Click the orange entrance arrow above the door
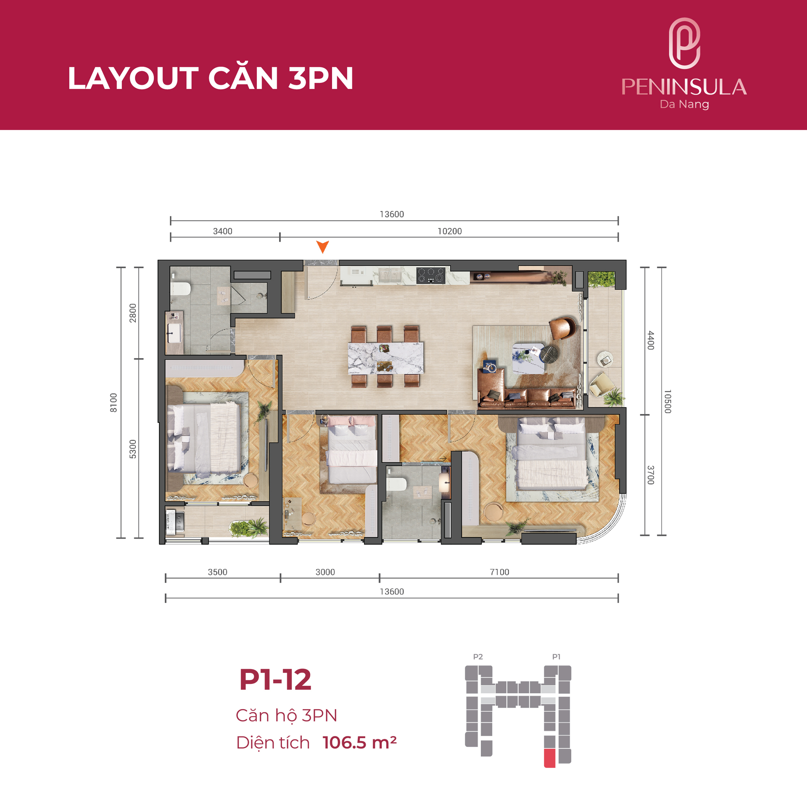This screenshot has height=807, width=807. tap(322, 246)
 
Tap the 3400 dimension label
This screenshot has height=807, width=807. tap(222, 231)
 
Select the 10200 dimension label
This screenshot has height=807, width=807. tap(449, 231)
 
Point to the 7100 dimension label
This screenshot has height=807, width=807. tap(499, 572)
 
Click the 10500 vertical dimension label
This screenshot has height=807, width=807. tap(667, 401)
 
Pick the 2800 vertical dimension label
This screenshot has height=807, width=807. tap(133, 313)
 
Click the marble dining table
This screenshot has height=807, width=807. tap(385, 358)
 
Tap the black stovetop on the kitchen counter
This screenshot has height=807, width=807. tap(431, 275)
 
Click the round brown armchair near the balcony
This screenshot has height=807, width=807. tap(563, 328)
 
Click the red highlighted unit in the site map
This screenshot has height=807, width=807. tap(549, 758)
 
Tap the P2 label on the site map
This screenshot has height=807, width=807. tap(478, 657)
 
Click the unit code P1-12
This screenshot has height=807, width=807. tap(275, 680)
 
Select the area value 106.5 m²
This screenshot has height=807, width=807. tap(359, 743)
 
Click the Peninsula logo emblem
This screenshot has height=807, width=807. tap(684, 43)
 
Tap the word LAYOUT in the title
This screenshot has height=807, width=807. tap(133, 78)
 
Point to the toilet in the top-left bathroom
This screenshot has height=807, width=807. tap(181, 288)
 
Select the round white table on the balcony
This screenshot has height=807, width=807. tap(605, 359)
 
